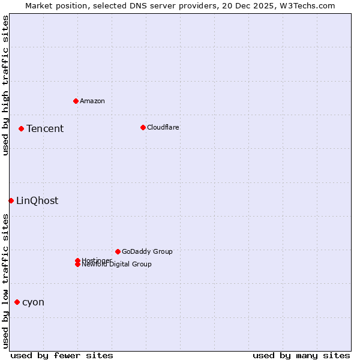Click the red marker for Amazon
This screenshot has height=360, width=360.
pyautogui.click(x=76, y=101)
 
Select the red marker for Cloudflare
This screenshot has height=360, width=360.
pyautogui.click(x=143, y=127)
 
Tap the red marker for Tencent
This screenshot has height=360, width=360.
pyautogui.click(x=21, y=128)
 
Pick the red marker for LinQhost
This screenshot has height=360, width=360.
pyautogui.click(x=11, y=200)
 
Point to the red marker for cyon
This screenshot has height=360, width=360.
pyautogui.click(x=17, y=302)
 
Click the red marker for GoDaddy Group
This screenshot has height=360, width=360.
pyautogui.click(x=118, y=251)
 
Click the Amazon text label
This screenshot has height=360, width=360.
pyautogui.click(x=92, y=101)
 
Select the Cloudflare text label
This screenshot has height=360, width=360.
pyautogui.click(x=163, y=127)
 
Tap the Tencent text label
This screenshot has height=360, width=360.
pyautogui.click(x=45, y=128)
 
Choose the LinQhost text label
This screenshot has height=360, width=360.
pyautogui.click(x=37, y=200)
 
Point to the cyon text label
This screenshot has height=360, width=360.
pyautogui.click(x=33, y=302)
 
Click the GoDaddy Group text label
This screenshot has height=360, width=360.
pyautogui.click(x=147, y=251)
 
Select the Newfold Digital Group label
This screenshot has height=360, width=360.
pyautogui.click(x=117, y=265)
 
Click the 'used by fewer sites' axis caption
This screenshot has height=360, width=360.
pyautogui.click(x=62, y=355)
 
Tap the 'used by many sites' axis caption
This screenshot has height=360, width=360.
pyautogui.click(x=301, y=355)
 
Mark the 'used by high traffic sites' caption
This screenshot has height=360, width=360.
pyautogui.click(x=5, y=85)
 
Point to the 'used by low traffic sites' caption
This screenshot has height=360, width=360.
pyautogui.click(x=5, y=281)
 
